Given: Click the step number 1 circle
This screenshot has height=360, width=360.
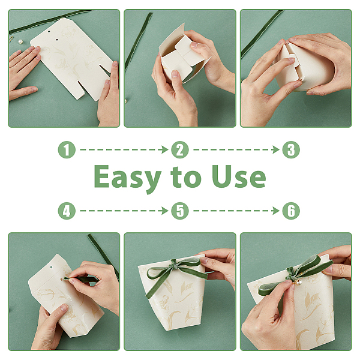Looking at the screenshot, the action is point(67,149).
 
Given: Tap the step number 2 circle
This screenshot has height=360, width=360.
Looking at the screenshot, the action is point(180,149).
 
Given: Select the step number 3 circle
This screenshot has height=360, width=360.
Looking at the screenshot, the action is point(291,149).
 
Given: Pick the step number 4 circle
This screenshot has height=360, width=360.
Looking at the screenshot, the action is point(67,211).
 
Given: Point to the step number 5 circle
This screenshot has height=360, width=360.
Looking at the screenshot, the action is point(180,211).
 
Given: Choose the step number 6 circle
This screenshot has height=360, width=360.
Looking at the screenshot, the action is point(291,211).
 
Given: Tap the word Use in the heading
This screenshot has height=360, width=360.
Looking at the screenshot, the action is point(239,176).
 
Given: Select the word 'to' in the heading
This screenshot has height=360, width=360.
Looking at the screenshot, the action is point(186,177).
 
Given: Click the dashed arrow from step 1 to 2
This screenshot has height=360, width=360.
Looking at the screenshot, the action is point(124,149).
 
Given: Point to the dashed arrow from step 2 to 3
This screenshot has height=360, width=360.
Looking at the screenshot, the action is point(236,149).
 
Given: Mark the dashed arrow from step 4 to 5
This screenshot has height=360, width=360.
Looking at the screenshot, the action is point(124,211).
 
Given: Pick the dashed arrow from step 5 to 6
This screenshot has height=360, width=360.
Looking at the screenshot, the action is point(236,211).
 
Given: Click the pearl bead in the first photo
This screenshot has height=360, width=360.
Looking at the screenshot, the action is point(21,42).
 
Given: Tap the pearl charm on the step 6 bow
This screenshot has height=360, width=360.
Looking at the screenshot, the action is point(299,283).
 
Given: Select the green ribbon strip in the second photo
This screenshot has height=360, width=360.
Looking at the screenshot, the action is point(139,41).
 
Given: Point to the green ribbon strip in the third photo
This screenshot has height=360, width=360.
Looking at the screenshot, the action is point(262,34).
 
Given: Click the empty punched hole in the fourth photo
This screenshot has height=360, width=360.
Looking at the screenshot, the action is point(51,268).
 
